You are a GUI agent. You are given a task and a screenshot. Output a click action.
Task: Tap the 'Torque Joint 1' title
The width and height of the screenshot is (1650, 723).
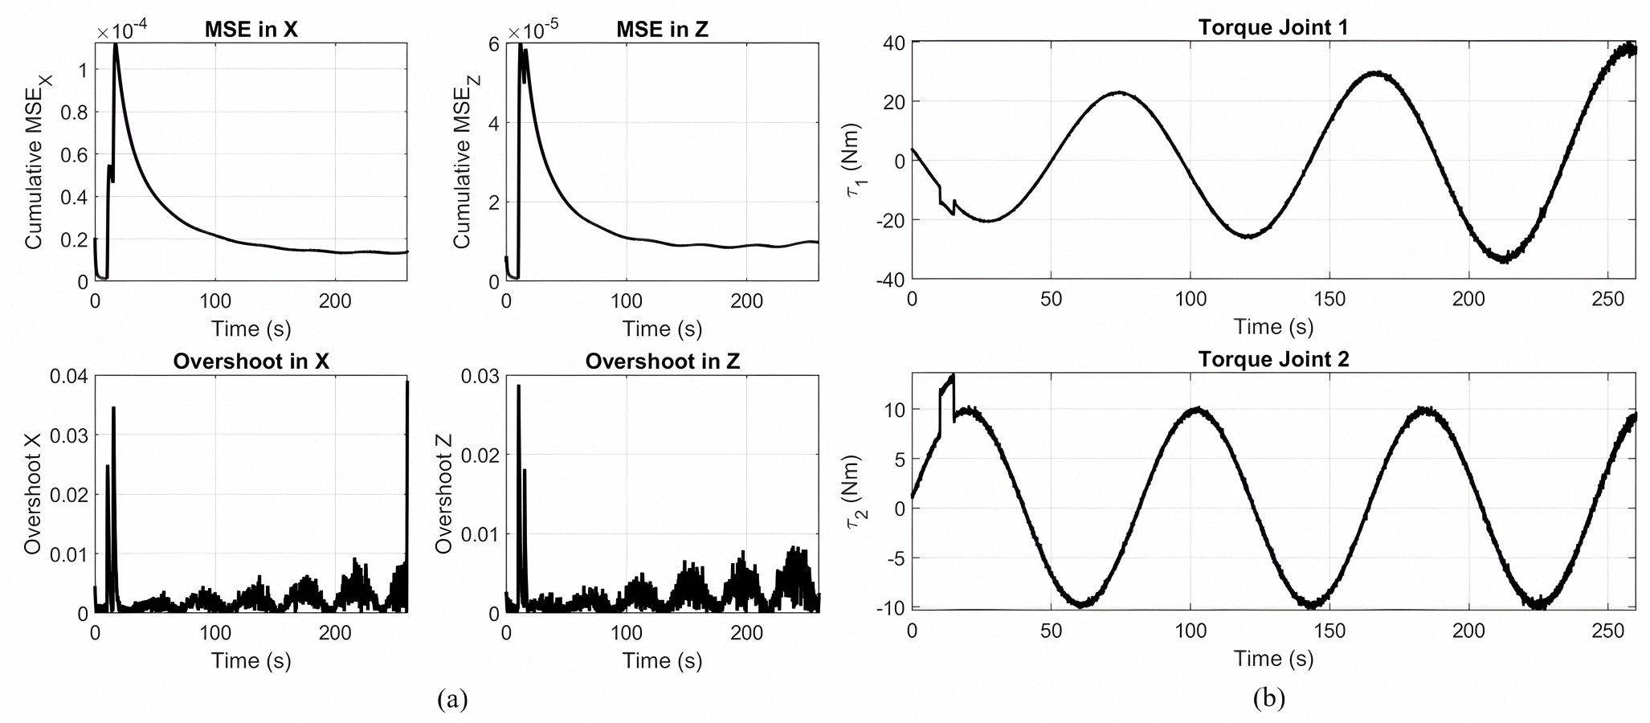(1272, 27)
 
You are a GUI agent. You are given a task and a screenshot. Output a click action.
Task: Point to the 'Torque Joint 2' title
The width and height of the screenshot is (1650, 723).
(1272, 359)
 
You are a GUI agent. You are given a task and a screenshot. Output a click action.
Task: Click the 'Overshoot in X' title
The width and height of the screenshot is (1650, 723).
(251, 361)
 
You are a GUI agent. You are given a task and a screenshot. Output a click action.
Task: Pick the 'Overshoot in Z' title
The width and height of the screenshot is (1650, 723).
(662, 361)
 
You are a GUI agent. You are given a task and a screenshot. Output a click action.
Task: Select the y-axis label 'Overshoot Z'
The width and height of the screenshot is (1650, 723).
(444, 493)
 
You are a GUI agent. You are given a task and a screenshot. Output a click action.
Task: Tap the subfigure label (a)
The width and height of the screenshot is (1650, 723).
(452, 699)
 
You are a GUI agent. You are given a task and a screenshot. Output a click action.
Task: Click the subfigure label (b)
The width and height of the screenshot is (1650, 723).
(1269, 699)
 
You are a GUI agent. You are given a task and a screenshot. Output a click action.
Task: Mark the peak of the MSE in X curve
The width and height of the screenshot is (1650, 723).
(116, 44)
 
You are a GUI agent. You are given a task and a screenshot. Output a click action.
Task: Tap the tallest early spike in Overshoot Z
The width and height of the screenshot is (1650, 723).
(519, 386)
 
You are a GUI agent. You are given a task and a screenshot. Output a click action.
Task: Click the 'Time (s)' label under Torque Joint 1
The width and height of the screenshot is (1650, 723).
(1272, 327)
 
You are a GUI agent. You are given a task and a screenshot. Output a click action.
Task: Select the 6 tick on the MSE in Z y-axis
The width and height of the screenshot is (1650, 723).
(492, 45)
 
